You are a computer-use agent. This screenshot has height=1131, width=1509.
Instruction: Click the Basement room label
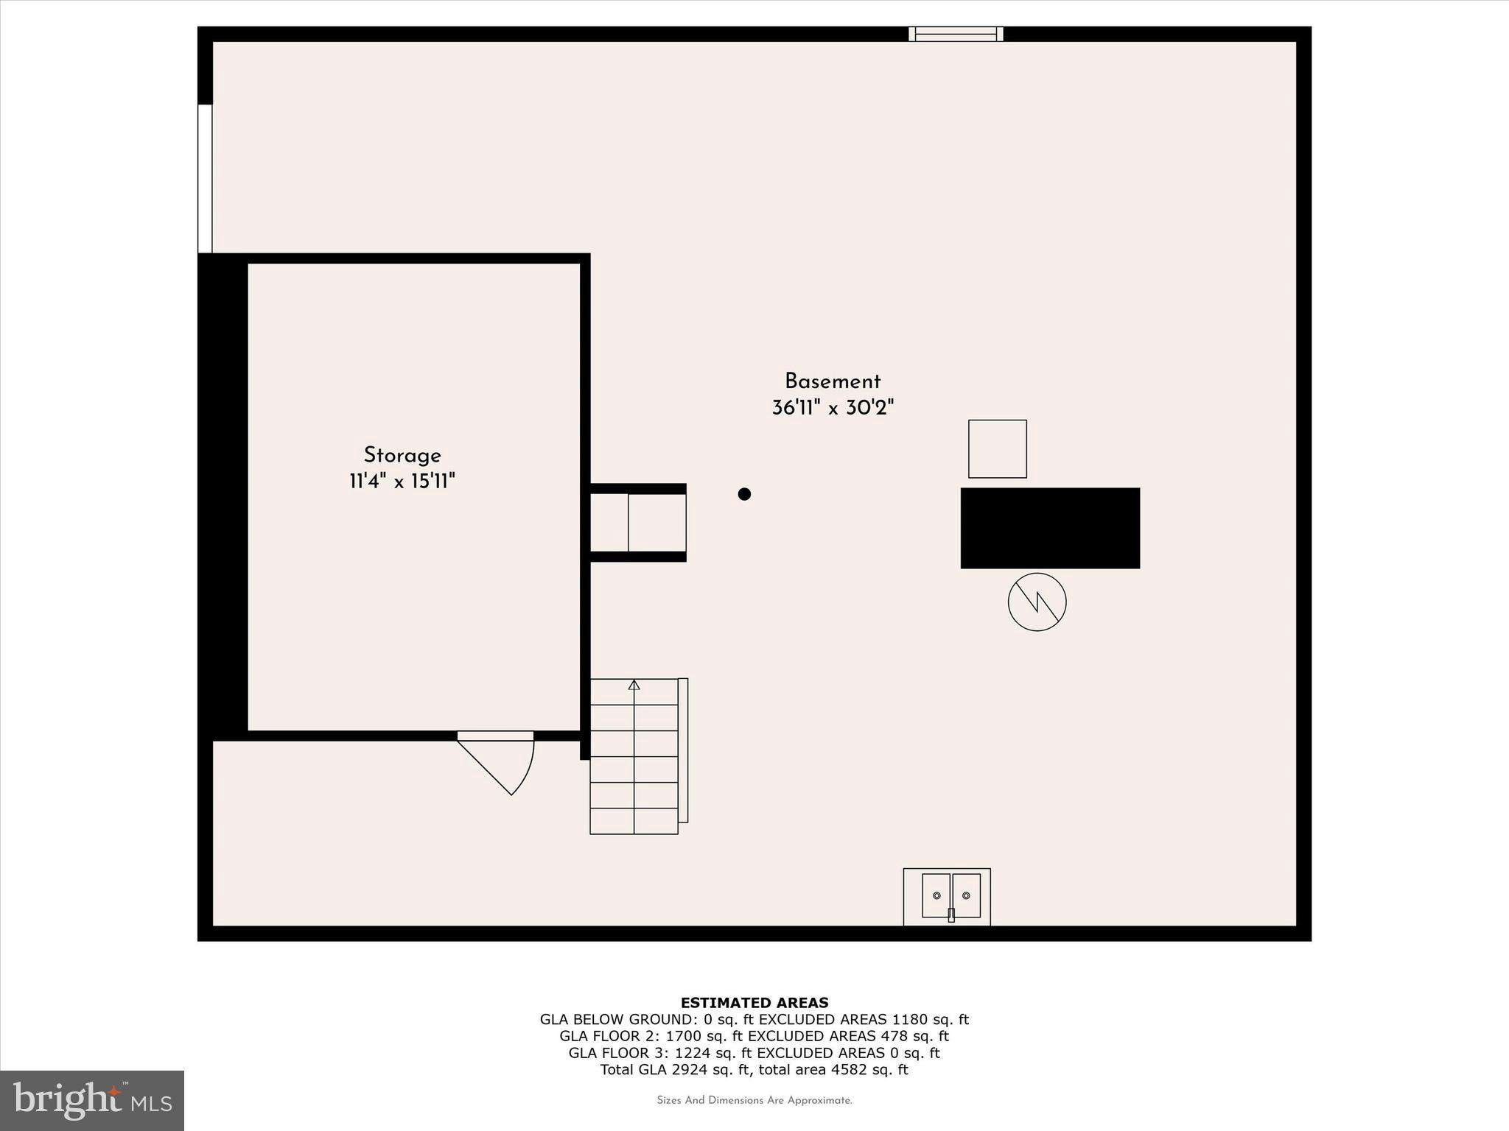tap(832, 381)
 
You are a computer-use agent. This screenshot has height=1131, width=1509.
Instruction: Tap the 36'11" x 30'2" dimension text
tap(833, 408)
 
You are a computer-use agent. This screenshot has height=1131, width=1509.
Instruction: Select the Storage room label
tap(402, 455)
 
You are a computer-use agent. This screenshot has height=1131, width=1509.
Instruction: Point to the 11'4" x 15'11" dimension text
tap(402, 482)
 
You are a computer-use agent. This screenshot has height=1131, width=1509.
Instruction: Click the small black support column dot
tap(744, 494)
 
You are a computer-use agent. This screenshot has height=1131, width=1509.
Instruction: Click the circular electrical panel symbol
tap(1037, 602)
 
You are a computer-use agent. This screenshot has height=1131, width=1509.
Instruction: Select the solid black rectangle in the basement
tap(1050, 528)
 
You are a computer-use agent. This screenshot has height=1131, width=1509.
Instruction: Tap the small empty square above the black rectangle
tap(997, 449)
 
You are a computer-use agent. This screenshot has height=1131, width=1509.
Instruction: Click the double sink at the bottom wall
tap(950, 896)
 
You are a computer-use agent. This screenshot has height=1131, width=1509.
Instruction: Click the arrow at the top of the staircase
tap(634, 685)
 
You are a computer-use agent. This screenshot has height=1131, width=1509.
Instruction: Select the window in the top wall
tap(955, 34)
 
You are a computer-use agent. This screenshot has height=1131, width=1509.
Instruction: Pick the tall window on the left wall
tap(205, 179)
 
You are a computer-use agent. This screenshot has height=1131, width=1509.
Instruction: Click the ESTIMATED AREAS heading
tap(754, 1003)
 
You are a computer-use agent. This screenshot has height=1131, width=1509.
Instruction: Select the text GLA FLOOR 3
tap(611, 1053)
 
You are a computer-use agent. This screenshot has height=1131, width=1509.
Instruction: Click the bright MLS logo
tap(91, 1101)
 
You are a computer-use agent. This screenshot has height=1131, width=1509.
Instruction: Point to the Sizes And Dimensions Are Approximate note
tap(754, 1101)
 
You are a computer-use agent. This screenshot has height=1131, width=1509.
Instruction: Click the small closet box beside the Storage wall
tap(638, 523)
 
